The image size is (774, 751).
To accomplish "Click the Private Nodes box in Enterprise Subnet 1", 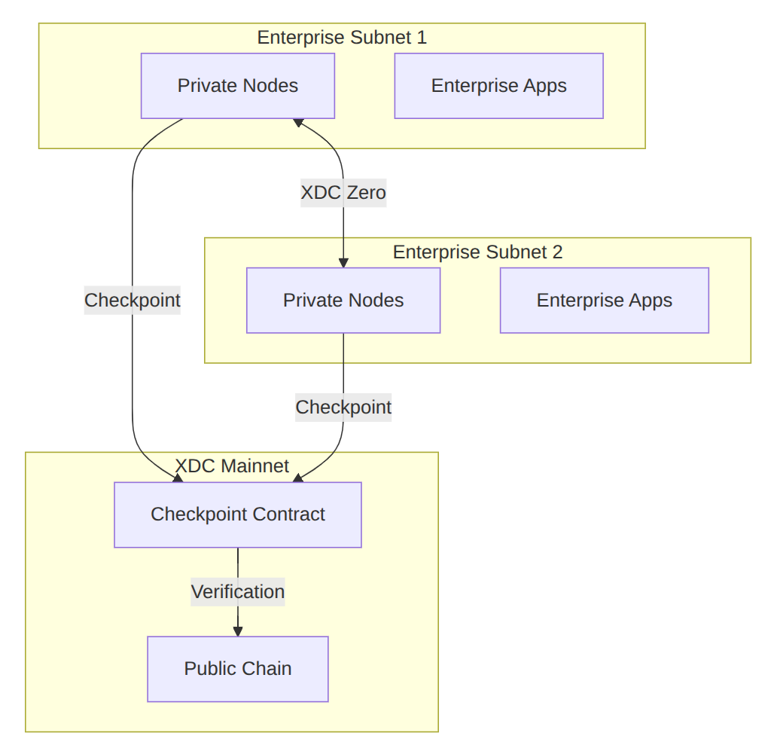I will click(238, 86).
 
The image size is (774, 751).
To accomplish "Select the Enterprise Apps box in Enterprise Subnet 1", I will click(498, 86).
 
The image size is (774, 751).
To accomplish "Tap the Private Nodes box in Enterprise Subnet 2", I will click(343, 301).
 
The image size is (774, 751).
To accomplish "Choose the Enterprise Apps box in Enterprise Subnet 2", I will click(604, 301).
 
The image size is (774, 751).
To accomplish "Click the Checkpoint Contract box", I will click(238, 514).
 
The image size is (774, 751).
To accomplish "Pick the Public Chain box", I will click(238, 669).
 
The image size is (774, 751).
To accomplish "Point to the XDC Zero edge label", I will click(343, 193).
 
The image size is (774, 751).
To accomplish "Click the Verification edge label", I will click(238, 591).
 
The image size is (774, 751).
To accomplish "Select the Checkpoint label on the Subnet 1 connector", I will click(133, 301).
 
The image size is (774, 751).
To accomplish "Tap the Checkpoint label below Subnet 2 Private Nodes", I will click(343, 408).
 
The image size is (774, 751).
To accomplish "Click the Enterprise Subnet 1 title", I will click(342, 38).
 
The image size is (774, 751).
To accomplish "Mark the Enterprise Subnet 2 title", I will click(477, 252).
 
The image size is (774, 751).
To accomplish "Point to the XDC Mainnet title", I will click(232, 466).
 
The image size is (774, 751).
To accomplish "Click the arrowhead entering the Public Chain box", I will click(238, 631).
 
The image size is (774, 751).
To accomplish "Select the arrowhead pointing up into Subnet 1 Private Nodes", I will click(297, 123).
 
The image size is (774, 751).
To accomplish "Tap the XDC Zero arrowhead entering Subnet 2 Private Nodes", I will click(343, 262).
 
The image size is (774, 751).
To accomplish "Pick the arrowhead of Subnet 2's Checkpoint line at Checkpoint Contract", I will click(298, 478).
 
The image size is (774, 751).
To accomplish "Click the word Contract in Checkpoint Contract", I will click(289, 514).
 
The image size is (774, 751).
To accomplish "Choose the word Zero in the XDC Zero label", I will click(366, 193).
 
